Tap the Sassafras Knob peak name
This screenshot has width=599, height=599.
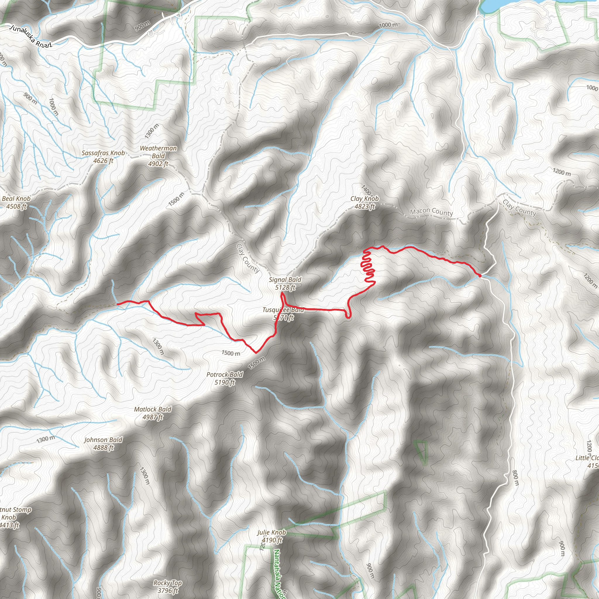[x=103, y=153]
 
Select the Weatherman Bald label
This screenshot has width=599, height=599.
[x=158, y=152]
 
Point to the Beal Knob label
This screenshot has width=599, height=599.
[x=16, y=199]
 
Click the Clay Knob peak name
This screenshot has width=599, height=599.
[x=365, y=199]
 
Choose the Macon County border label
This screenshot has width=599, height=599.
[x=431, y=212]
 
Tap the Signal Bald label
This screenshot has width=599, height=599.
[x=285, y=280]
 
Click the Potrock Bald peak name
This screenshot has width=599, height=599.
[x=225, y=375]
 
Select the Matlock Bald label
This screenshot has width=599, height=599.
[x=153, y=409]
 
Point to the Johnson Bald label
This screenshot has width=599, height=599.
[x=103, y=440]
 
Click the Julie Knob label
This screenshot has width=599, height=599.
[x=272, y=532]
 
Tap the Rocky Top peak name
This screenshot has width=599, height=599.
[x=167, y=583]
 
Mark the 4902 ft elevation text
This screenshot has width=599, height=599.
[x=158, y=164]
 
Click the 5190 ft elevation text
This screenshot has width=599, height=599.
[x=225, y=382]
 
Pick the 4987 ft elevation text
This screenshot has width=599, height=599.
[x=153, y=417]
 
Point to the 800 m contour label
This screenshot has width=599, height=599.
[x=515, y=478]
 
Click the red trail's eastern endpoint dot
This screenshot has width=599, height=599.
[x=480, y=275]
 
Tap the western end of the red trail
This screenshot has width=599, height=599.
[x=118, y=304]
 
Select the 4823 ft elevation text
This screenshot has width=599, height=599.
[x=365, y=206]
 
